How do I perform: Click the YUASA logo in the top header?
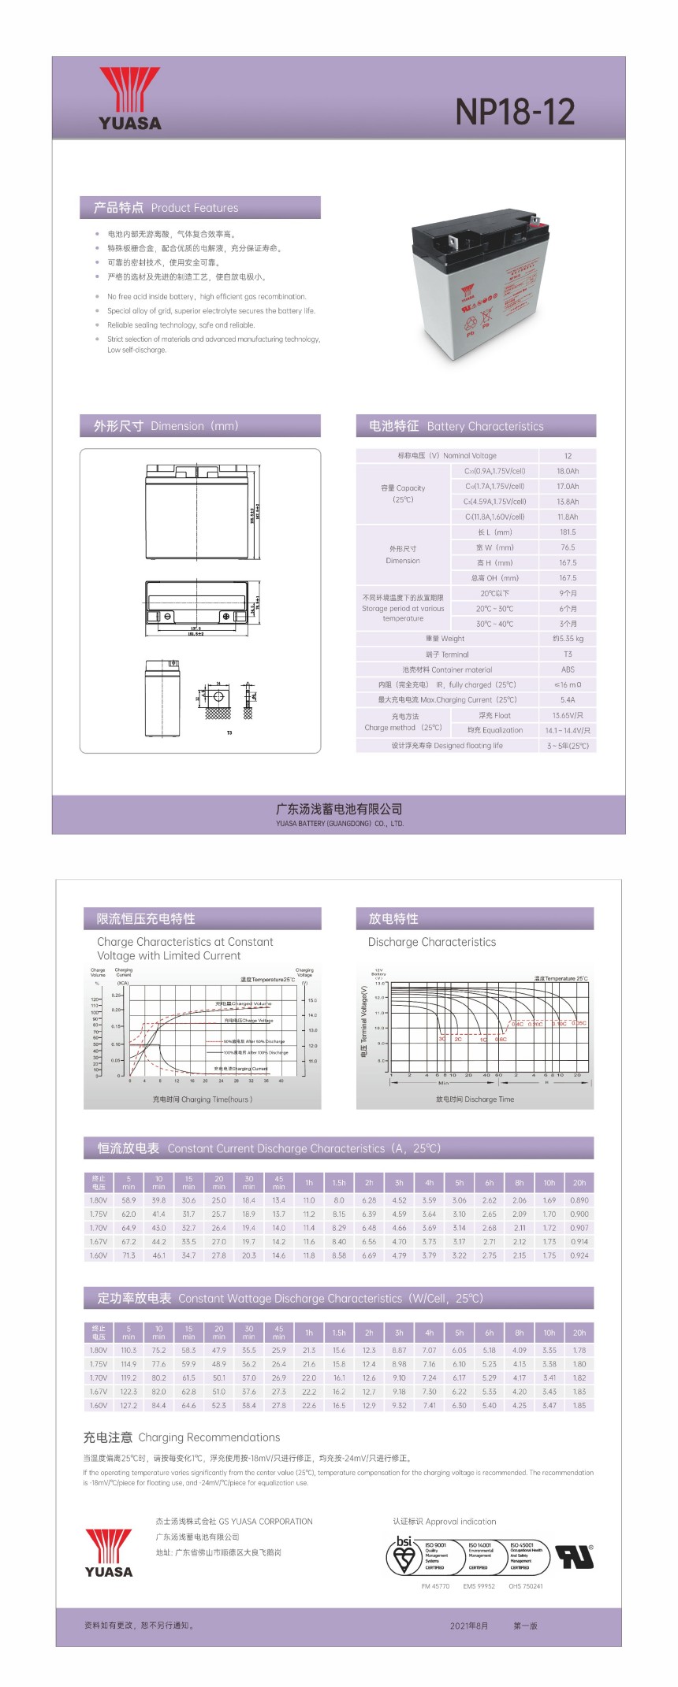point(129,98)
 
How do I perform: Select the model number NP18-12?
point(515,112)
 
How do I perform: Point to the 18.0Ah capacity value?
point(567,471)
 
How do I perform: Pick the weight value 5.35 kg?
point(568,639)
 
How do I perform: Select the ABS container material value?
point(568,669)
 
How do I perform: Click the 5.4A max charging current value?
point(568,699)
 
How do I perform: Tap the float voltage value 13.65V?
point(568,715)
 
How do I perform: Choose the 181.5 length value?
point(568,532)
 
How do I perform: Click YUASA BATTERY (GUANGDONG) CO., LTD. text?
point(339,824)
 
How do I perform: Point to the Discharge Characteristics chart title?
point(432,942)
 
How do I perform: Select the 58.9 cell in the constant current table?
point(129,1200)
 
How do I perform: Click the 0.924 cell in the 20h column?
point(579,1255)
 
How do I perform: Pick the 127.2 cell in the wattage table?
point(129,1405)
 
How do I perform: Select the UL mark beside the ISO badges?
point(574,1556)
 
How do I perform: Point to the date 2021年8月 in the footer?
point(469,1626)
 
